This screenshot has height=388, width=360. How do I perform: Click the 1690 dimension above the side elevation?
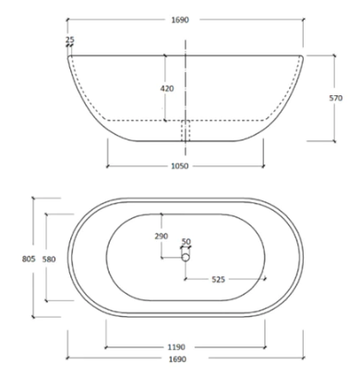[181, 19]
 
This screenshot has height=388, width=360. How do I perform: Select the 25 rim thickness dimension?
[70, 40]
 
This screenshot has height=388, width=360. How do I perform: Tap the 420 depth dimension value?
[167, 89]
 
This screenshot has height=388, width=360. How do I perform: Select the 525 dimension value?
[220, 278]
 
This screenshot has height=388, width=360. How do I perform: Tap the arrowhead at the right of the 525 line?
[265, 278]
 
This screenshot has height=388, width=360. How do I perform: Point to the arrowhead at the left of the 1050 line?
[108, 166]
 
